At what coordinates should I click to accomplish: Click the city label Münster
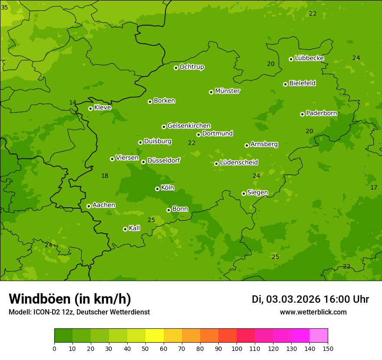point(227,91)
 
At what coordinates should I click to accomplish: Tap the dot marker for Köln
point(157,189)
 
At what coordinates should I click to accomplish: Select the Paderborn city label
point(321,113)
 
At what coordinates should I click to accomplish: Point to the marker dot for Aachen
point(89,206)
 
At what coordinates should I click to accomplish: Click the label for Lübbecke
point(309,58)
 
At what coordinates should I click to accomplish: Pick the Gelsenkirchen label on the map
point(189,126)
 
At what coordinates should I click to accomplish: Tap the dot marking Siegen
point(244,193)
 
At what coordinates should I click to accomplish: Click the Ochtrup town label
point(191,67)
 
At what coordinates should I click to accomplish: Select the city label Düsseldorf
point(163,160)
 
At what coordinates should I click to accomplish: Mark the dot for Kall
point(125,229)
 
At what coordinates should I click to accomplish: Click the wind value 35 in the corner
point(4,7)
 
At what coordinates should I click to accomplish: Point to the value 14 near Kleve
point(72,102)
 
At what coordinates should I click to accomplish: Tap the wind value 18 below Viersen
point(105,176)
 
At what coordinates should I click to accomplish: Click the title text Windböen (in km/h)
point(69,299)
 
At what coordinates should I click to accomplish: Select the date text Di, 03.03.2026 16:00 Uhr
point(310,299)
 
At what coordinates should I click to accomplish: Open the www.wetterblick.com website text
point(313,312)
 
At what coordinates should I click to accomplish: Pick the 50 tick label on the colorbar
point(145,348)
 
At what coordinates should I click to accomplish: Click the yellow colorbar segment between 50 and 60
point(155,336)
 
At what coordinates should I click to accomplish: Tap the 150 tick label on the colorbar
point(328,348)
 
